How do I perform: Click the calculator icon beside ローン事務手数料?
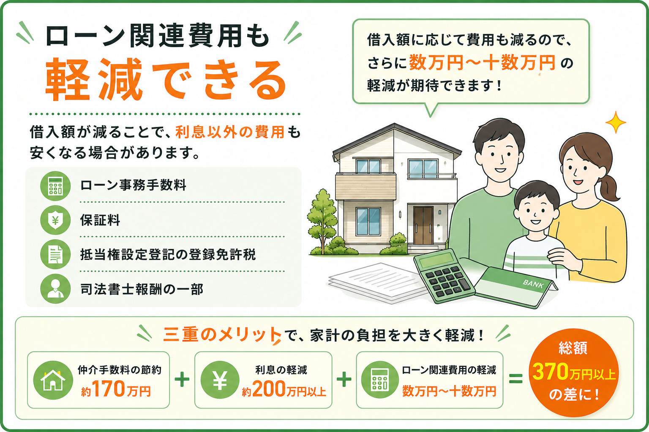click(x=55, y=186)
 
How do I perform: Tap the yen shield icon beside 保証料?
click(x=55, y=220)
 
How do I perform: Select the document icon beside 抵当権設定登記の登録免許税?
click(x=55, y=255)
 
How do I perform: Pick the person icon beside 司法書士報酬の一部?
click(x=55, y=289)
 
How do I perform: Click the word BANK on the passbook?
click(x=533, y=284)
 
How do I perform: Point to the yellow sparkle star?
click(x=616, y=122)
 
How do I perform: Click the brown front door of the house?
click(x=423, y=226)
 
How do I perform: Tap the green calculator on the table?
click(x=444, y=276)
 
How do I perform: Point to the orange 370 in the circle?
click(x=551, y=372)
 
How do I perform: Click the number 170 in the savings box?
click(x=109, y=389)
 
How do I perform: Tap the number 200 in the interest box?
click(x=269, y=389)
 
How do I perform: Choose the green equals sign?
click(x=516, y=378)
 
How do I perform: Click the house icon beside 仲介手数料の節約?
click(x=53, y=380)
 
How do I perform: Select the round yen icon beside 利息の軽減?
click(x=220, y=380)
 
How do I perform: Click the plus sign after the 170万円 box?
click(x=182, y=379)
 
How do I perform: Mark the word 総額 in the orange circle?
click(x=573, y=348)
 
